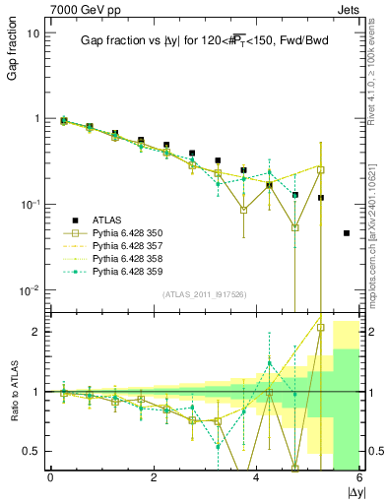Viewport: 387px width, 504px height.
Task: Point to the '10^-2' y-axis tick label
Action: [x=30, y=290]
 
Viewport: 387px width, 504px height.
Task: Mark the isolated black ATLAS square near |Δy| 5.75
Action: [x=346, y=233]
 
